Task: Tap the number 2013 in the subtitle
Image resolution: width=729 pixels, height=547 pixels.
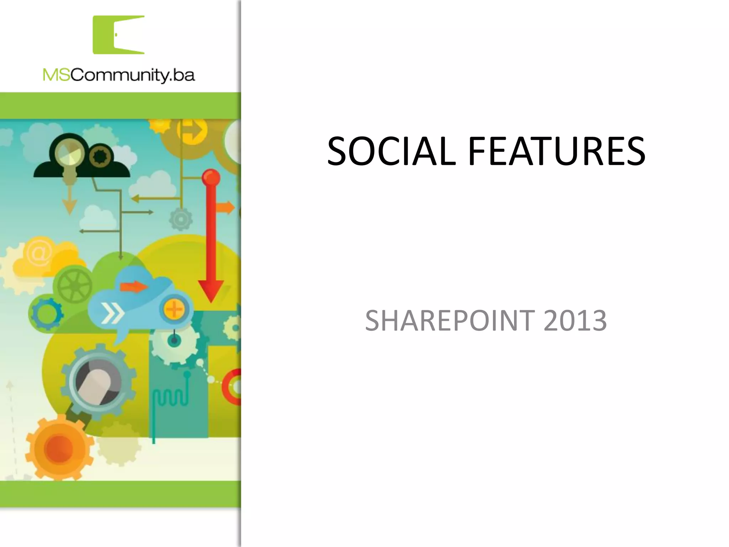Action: (575, 321)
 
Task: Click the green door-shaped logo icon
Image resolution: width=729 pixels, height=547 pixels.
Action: (119, 35)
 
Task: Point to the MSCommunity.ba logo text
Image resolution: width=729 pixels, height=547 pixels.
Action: (119, 75)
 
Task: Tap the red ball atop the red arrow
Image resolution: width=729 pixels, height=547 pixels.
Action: (211, 177)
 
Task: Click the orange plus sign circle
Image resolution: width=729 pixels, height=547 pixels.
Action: (174, 308)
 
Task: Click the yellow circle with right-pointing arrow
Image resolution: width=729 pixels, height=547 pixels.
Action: (193, 130)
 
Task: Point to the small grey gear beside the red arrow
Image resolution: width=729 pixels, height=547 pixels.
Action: (181, 219)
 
